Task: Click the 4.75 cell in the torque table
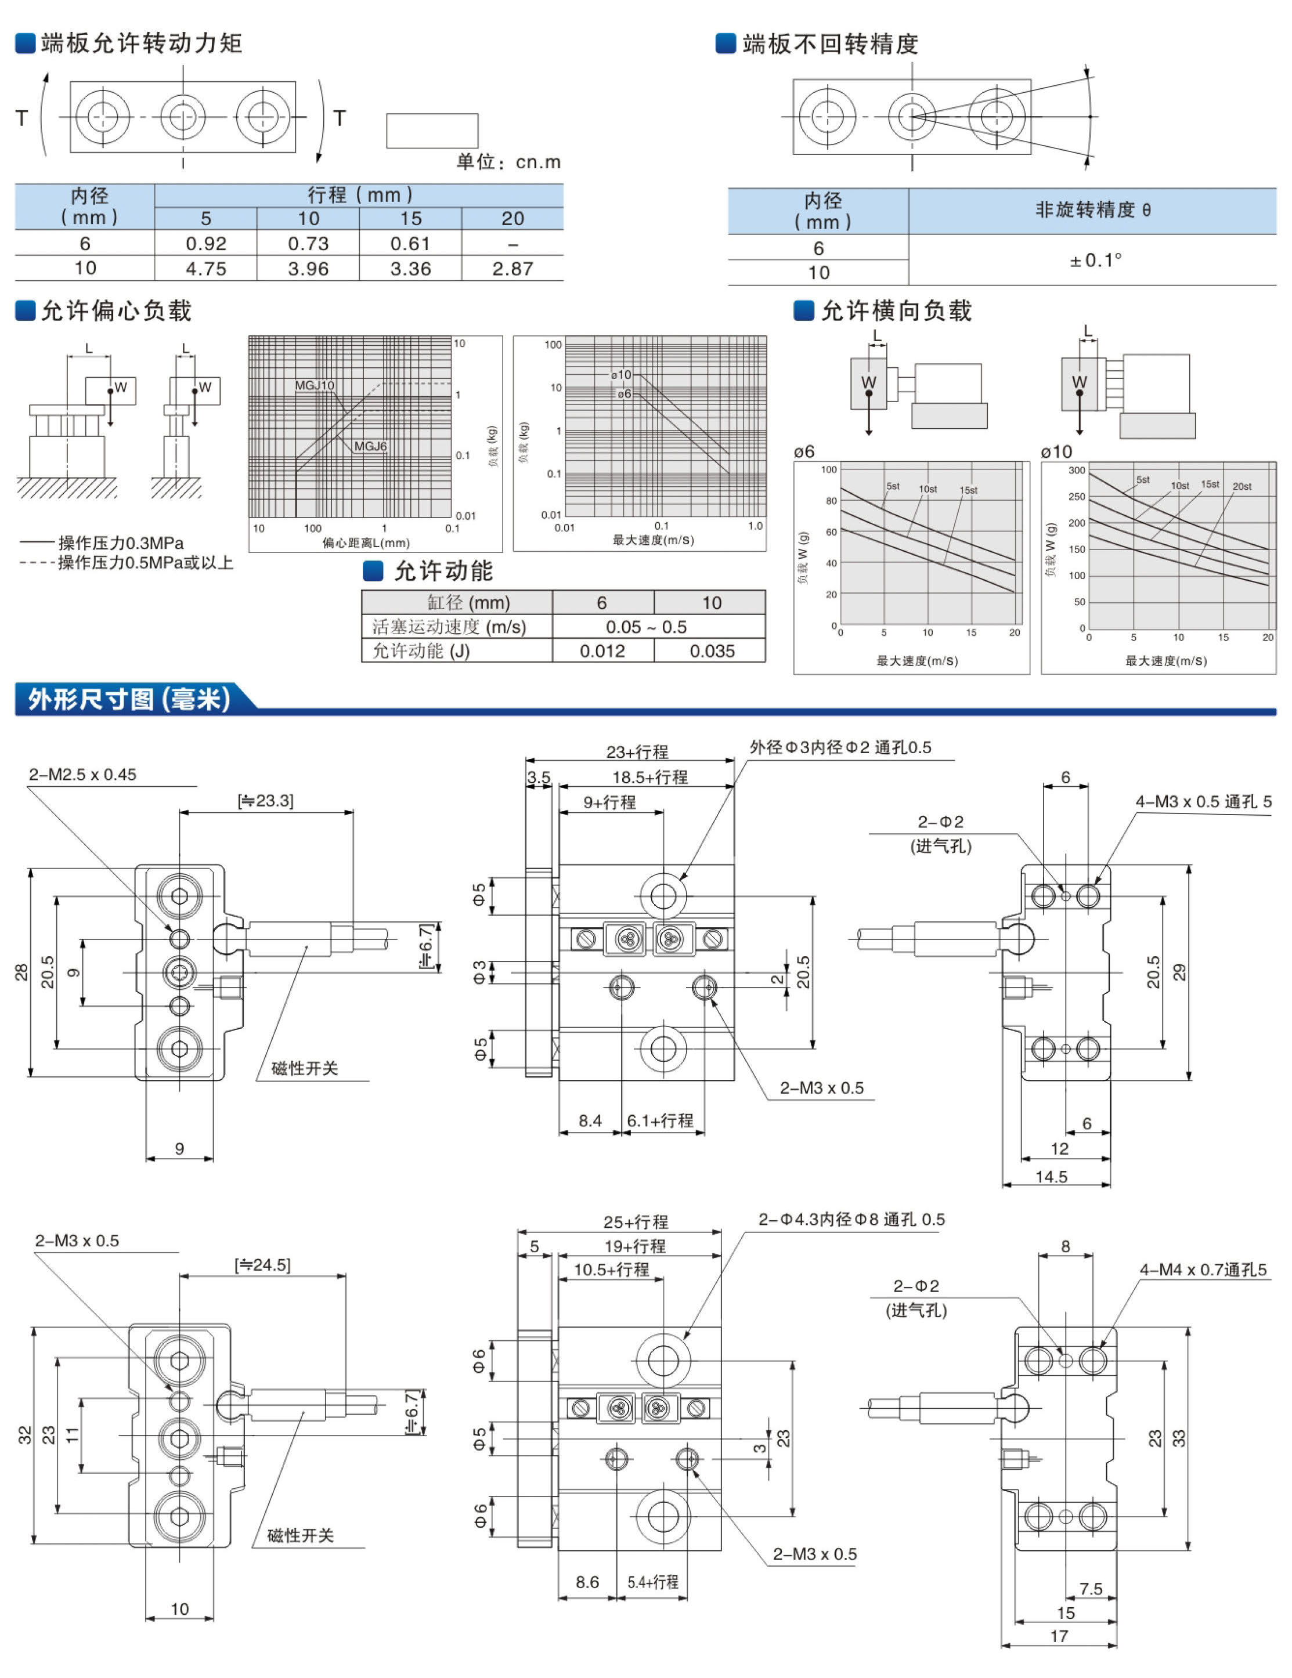[x=206, y=269]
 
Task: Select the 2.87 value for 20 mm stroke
[x=513, y=269]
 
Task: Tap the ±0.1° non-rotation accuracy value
[x=1095, y=261]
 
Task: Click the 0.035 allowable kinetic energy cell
[x=712, y=651]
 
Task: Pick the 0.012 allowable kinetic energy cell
[x=602, y=651]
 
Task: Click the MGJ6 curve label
[x=370, y=446]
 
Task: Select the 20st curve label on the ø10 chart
[x=1242, y=486]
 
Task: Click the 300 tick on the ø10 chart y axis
[x=1077, y=470]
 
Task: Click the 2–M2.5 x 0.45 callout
[x=83, y=775]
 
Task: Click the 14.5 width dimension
[x=1052, y=1176]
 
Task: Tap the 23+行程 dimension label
[x=637, y=751]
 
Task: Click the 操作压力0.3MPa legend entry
[x=121, y=543]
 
